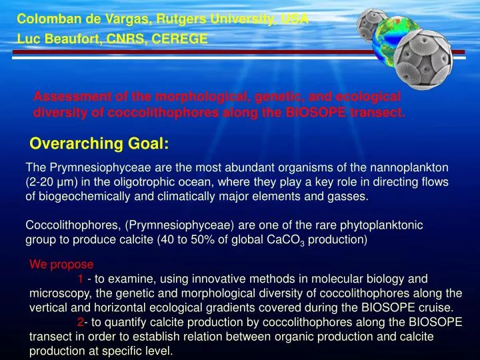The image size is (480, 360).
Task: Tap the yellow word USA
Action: [x=294, y=19]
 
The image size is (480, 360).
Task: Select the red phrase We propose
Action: [x=61, y=264]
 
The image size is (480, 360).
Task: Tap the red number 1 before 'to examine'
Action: [x=80, y=279]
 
